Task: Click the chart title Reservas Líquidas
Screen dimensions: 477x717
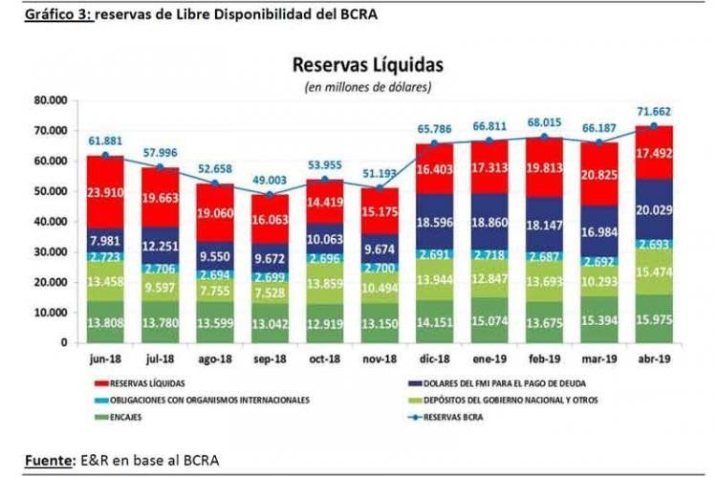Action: pyautogui.click(x=368, y=66)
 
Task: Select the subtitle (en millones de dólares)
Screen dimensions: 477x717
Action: pyautogui.click(x=368, y=87)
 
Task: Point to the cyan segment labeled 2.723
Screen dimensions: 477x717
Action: pyautogui.click(x=105, y=258)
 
